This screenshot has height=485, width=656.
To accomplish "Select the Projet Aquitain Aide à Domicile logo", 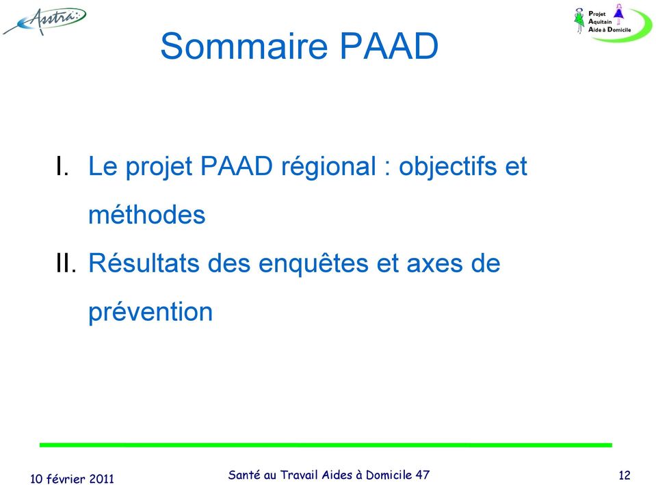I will coord(612,22).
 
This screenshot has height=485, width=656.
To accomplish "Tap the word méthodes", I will coord(146,215).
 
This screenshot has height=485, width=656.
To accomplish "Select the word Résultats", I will coord(144,263).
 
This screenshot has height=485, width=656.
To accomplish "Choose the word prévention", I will coord(150,313).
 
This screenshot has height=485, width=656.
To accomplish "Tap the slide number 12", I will coord(623,475).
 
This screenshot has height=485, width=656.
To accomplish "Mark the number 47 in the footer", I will coord(422,474).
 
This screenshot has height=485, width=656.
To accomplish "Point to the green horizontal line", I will coord(325,445).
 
